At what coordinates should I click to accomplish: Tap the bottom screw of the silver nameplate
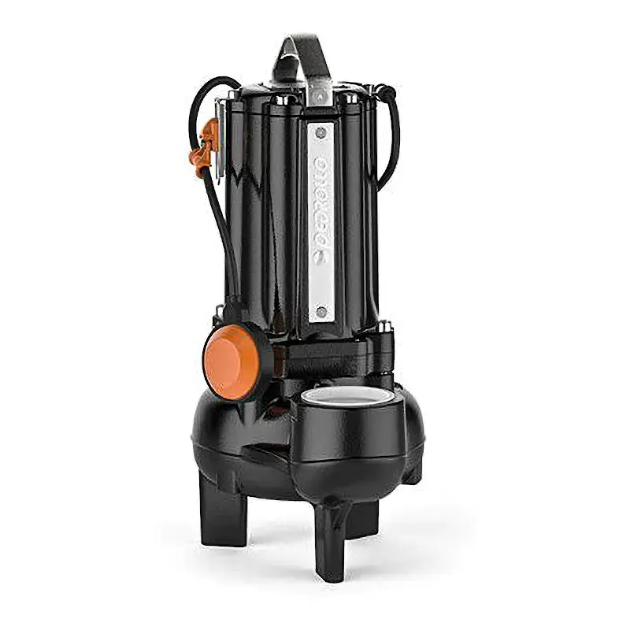320,313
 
